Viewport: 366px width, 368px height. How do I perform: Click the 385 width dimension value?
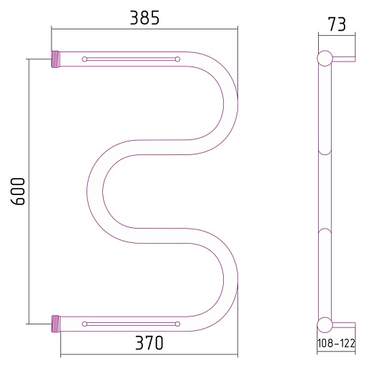(144, 18)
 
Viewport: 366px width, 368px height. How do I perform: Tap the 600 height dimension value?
(18, 192)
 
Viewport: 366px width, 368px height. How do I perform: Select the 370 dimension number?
(149, 342)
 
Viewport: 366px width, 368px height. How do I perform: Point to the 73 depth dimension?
(337, 24)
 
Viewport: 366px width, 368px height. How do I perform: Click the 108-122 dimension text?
(336, 343)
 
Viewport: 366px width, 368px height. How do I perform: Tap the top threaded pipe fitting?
(56, 59)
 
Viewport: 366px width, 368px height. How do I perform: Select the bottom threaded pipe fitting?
(56, 324)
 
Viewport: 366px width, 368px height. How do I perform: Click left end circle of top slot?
(84, 59)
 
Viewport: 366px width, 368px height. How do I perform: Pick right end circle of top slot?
(177, 59)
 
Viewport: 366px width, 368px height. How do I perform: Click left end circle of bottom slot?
(84, 324)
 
